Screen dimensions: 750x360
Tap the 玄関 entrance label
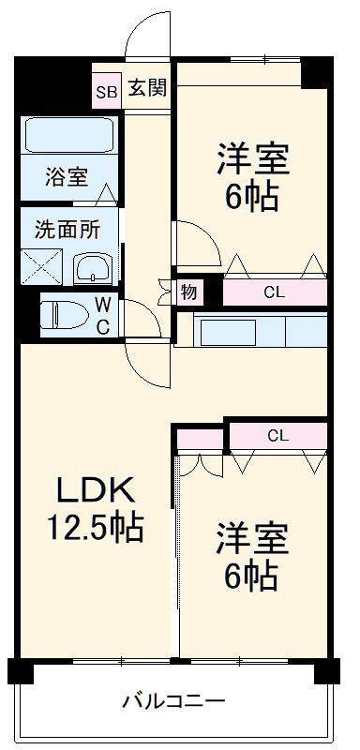pyautogui.click(x=147, y=89)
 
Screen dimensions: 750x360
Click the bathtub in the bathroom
pyautogui.click(x=69, y=135)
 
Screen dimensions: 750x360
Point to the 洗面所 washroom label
pyautogui.click(x=65, y=227)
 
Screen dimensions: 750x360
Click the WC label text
pyautogui.click(x=103, y=315)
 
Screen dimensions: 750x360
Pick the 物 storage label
pyautogui.click(x=188, y=292)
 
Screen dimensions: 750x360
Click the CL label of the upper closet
pyautogui.click(x=273, y=292)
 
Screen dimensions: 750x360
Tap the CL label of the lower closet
pyautogui.click(x=277, y=435)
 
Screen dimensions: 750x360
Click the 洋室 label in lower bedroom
pyautogui.click(x=251, y=539)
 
